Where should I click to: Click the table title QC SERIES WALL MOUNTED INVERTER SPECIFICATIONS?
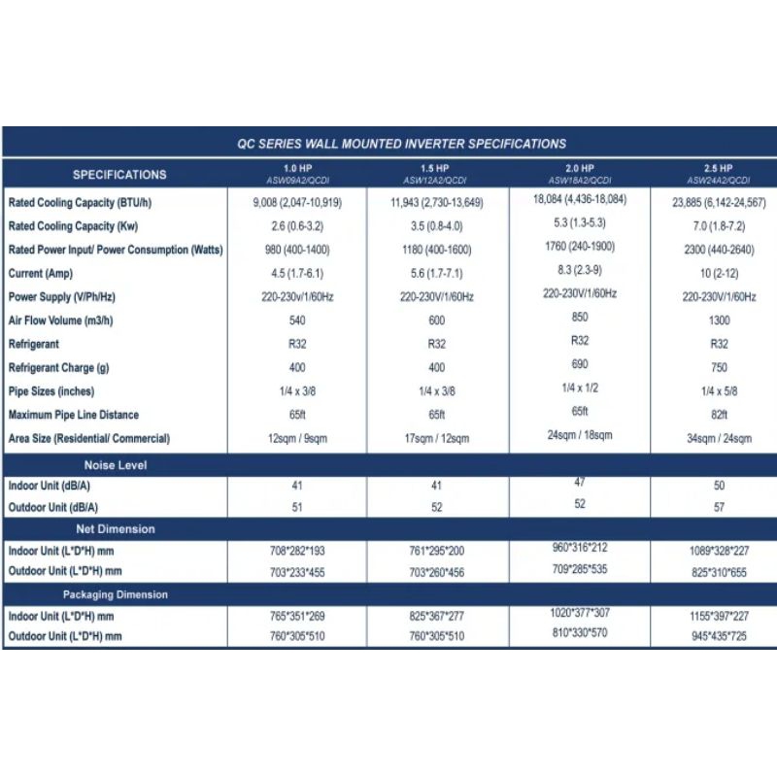[x=401, y=144]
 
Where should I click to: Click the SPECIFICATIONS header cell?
[x=119, y=175]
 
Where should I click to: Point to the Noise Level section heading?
[x=116, y=465]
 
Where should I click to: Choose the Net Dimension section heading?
[x=116, y=529]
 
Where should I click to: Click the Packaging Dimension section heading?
[x=116, y=594]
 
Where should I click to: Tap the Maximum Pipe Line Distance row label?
[x=74, y=415]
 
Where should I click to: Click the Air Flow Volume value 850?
[x=580, y=317]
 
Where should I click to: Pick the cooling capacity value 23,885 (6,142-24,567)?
[x=719, y=203]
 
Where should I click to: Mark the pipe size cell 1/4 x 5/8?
[x=719, y=391]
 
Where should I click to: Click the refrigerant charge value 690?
[x=580, y=363]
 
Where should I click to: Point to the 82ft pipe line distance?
[x=719, y=415]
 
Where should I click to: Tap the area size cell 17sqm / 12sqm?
[x=437, y=439]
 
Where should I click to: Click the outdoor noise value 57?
[x=719, y=508]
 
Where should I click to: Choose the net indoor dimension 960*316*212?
[x=580, y=547]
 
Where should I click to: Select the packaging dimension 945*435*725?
[x=719, y=637]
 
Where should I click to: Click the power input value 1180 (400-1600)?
[x=437, y=251]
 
